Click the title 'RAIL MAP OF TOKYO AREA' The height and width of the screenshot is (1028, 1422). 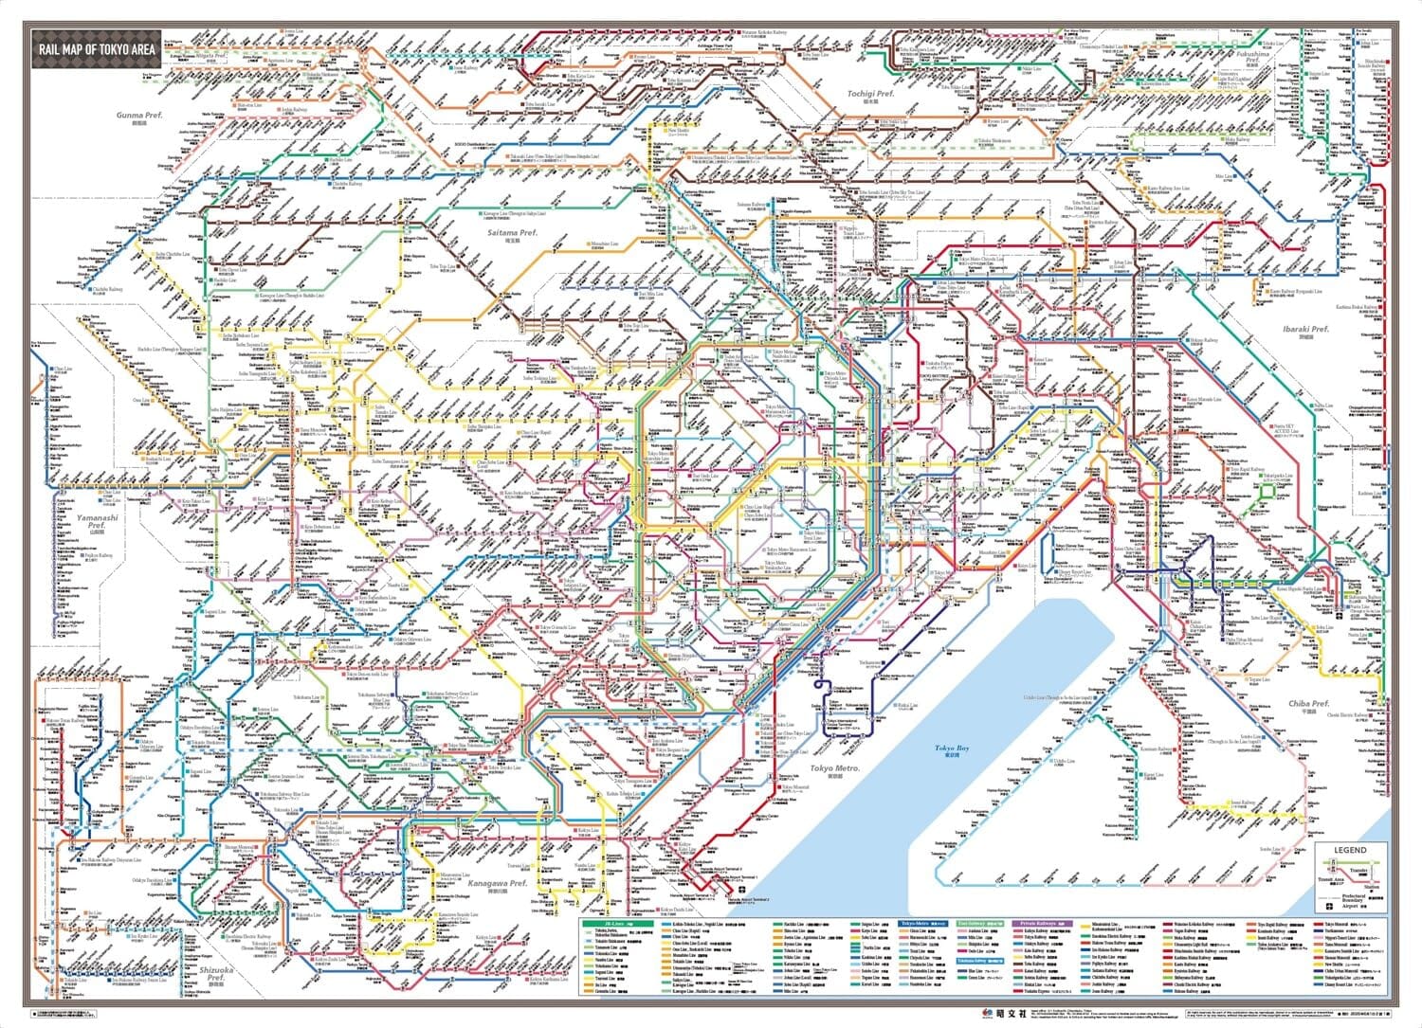(x=96, y=50)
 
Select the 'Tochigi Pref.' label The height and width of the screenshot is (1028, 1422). (x=870, y=95)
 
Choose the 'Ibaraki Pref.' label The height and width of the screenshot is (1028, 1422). (x=1305, y=330)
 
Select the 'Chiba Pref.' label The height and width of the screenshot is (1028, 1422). (x=1308, y=704)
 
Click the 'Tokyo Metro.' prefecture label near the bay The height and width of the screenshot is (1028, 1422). (x=835, y=768)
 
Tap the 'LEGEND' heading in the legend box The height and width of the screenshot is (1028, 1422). (x=1350, y=850)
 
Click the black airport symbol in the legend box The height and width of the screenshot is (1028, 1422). (x=1328, y=907)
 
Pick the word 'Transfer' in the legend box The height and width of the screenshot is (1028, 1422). (x=1358, y=868)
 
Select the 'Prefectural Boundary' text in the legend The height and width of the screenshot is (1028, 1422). (x=1355, y=896)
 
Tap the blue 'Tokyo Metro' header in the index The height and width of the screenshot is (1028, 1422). (x=923, y=923)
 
